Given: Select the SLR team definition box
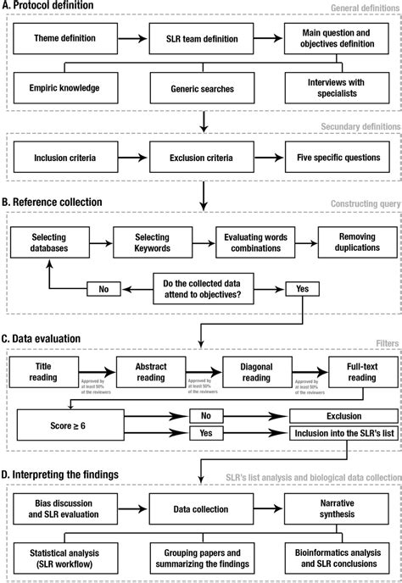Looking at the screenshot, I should pyautogui.click(x=201, y=40).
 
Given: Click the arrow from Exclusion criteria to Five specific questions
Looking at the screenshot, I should pyautogui.click(x=269, y=158).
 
